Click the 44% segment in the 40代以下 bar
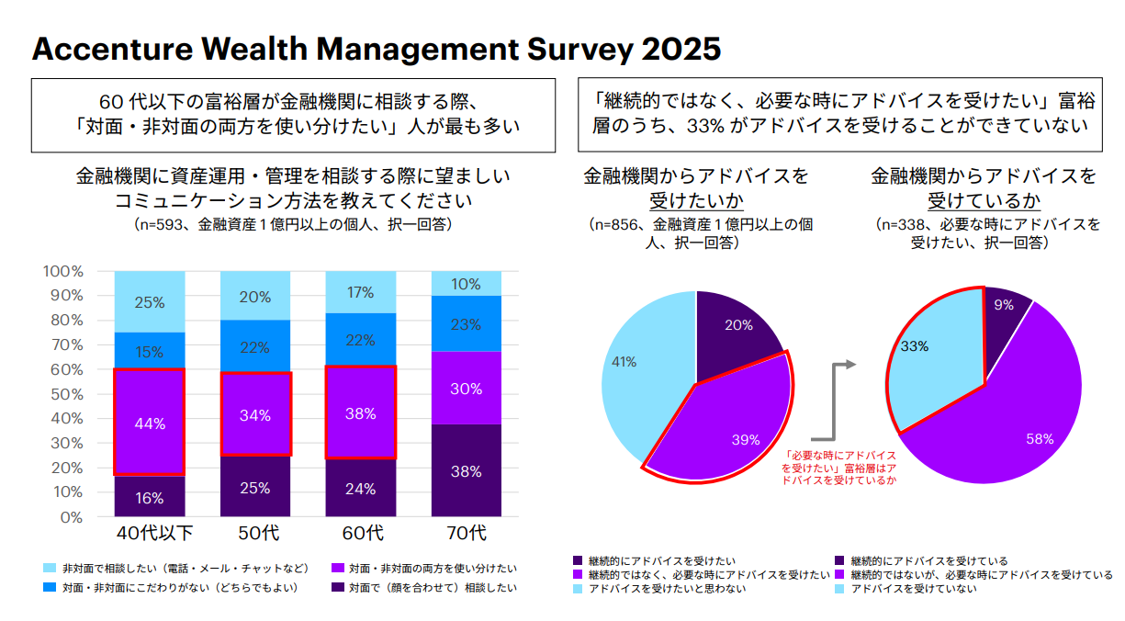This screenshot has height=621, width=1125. [149, 423]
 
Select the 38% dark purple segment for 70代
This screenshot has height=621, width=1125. [466, 470]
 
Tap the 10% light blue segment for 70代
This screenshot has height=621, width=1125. [466, 284]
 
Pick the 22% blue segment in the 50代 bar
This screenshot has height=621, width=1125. [254, 347]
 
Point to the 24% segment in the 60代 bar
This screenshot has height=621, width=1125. [360, 488]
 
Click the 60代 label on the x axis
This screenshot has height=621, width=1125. [360, 533]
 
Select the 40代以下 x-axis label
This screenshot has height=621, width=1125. [149, 533]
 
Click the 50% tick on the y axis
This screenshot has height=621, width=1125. [66, 394]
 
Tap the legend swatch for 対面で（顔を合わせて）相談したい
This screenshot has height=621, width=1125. [338, 587]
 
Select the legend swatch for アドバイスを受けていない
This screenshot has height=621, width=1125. [840, 589]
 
